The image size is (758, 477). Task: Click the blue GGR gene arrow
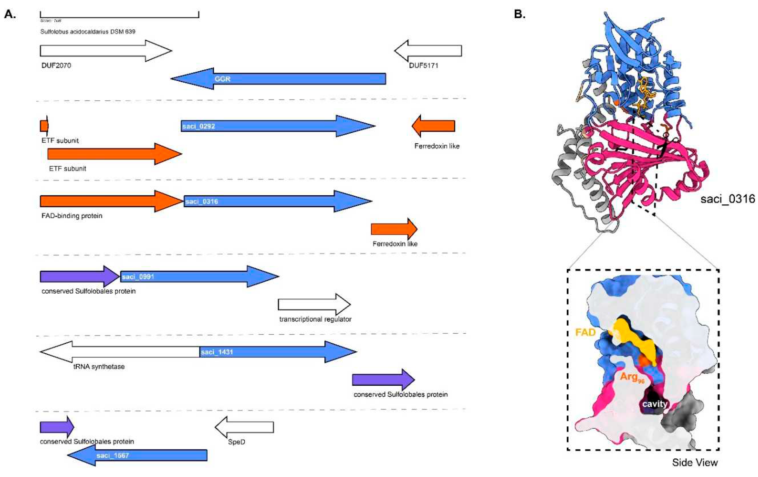coord(283,79)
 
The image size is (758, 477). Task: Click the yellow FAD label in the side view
coord(585,332)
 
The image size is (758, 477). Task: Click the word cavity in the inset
coord(655,404)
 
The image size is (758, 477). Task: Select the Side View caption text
coord(695,463)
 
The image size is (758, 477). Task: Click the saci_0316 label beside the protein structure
coord(727,199)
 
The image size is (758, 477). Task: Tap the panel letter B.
coord(519,14)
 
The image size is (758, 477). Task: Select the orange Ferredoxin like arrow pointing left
coord(434,126)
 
